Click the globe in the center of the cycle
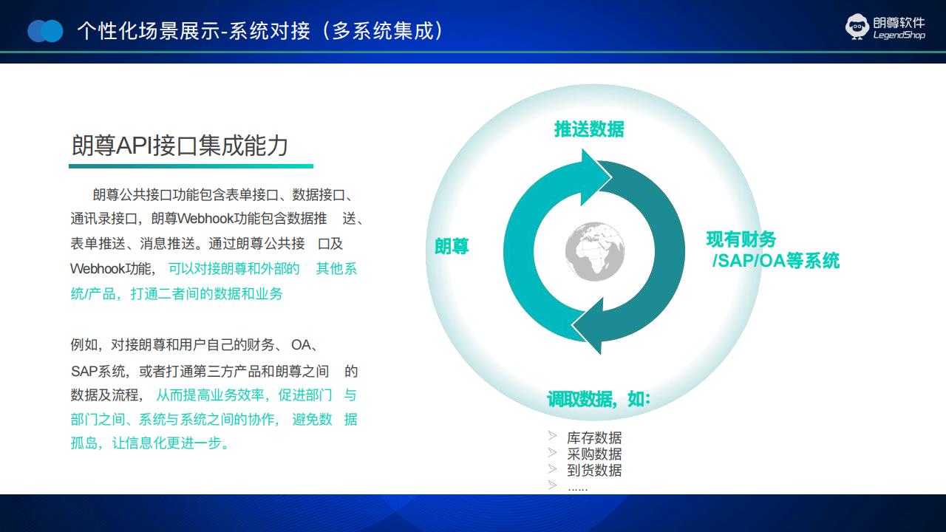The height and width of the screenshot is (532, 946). point(595,252)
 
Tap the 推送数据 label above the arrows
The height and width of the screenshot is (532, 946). point(589,129)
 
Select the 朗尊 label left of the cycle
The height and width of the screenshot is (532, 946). point(452,246)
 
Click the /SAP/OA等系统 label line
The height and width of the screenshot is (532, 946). point(776,261)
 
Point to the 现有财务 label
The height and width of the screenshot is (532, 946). point(741,239)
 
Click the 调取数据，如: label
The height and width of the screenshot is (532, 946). point(599,399)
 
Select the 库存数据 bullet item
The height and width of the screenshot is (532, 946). point(594,438)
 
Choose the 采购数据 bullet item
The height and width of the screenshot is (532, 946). point(594,454)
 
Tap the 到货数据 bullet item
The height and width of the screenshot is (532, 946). point(594,470)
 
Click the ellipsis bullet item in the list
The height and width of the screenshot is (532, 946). point(578,489)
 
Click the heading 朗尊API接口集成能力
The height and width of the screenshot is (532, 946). point(180,146)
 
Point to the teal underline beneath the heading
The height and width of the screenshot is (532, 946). point(191,166)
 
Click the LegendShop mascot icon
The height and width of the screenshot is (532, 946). point(857,27)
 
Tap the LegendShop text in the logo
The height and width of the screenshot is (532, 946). point(899,35)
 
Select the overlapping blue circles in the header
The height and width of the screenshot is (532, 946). point(45,31)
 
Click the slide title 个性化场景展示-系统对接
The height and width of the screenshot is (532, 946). point(194,31)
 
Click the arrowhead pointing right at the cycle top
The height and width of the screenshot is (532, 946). point(596,177)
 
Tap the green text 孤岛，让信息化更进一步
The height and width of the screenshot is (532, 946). point(149,443)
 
